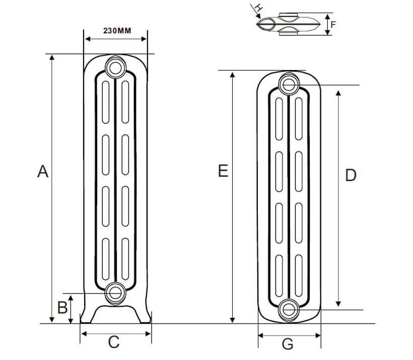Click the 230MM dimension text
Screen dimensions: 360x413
coord(117,31)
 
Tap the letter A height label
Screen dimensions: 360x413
coord(43,172)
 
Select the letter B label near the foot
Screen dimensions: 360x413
coord(62,308)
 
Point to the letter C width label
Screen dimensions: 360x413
coord(114,342)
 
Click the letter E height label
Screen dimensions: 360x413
coord(223,171)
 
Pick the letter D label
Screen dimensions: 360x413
coord(351,175)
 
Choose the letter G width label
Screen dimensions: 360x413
coord(288,344)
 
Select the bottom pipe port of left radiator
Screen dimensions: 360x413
coord(115,292)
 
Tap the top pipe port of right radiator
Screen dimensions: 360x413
coord(289,84)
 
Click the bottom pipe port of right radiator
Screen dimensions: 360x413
coord(289,309)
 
